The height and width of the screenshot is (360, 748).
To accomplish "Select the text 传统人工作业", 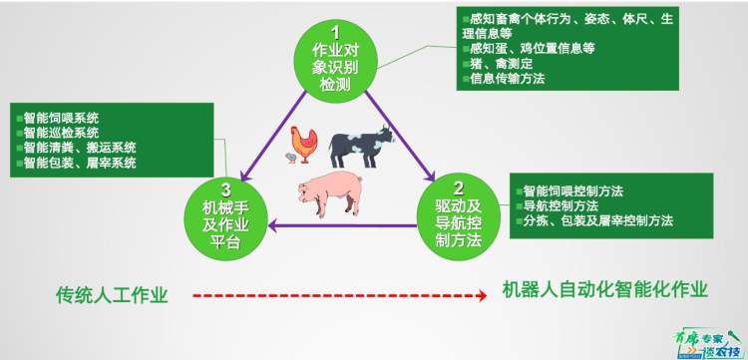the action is coord(112,295).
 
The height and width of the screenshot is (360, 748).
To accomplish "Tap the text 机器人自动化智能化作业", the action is coord(605,290).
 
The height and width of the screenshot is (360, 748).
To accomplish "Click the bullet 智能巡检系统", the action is coord(60,132).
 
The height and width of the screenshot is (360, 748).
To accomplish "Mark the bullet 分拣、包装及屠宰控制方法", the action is coord(597,220).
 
